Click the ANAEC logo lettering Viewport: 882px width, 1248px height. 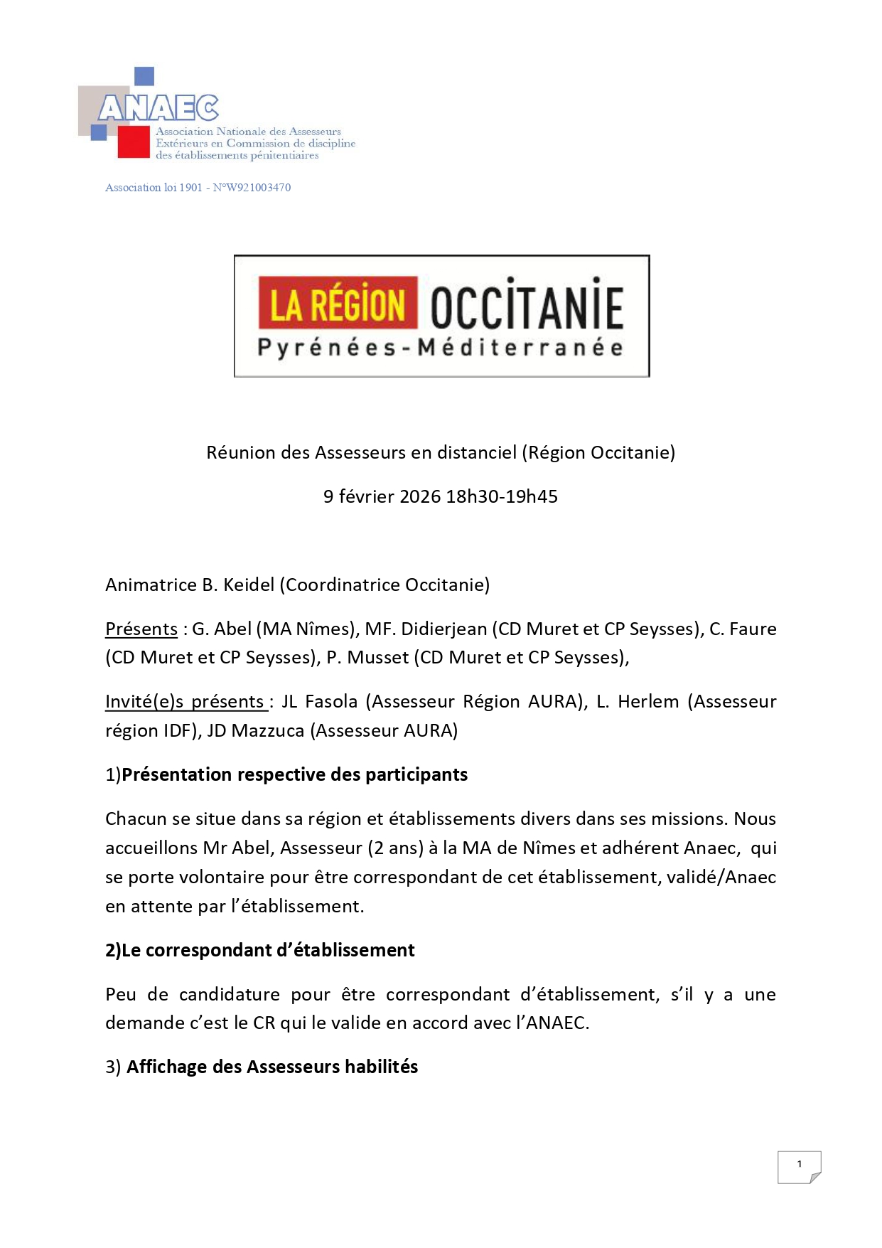click(158, 108)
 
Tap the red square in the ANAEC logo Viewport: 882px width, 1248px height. click(133, 142)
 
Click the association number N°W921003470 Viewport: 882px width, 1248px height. click(252, 188)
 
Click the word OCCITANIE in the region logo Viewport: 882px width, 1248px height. click(527, 307)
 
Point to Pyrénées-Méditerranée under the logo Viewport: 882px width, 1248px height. click(441, 348)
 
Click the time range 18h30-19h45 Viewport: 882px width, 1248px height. click(502, 496)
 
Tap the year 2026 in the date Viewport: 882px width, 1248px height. click(420, 496)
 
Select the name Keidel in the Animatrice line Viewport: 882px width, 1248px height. click(249, 585)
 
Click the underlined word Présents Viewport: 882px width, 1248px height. click(141, 629)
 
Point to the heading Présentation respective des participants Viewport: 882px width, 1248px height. click(294, 774)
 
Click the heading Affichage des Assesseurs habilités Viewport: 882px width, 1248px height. click(272, 1067)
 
